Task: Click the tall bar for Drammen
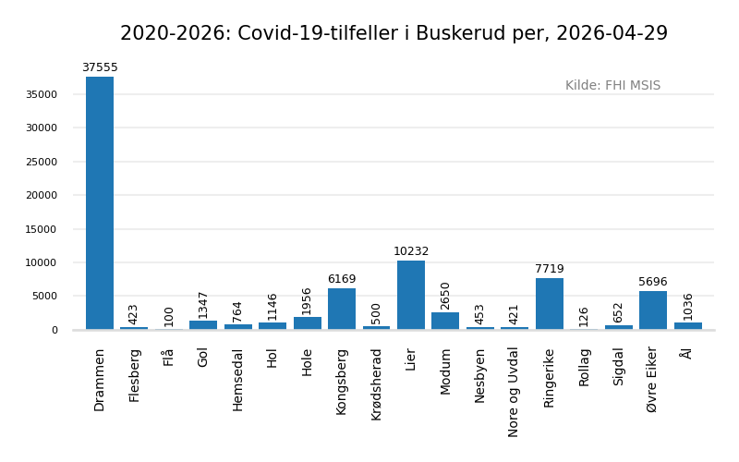(x=100, y=203)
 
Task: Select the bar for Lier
(x=411, y=296)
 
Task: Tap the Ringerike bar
(x=550, y=304)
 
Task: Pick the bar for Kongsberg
(x=342, y=309)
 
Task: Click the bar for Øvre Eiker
(x=653, y=310)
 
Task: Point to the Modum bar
(x=445, y=321)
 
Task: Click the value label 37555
(x=100, y=68)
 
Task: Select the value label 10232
(x=411, y=252)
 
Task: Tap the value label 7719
(x=550, y=270)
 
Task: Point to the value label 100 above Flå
(x=169, y=315)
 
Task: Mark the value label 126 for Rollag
(x=584, y=315)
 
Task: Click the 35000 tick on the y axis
(x=42, y=94)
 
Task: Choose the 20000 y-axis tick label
(x=42, y=196)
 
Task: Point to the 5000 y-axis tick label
(x=44, y=297)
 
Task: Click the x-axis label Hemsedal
(x=238, y=380)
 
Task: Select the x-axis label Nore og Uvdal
(x=515, y=391)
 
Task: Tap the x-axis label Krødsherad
(x=377, y=384)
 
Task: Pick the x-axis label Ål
(x=686, y=353)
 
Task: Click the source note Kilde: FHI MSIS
(x=612, y=86)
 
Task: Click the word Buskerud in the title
(x=459, y=34)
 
